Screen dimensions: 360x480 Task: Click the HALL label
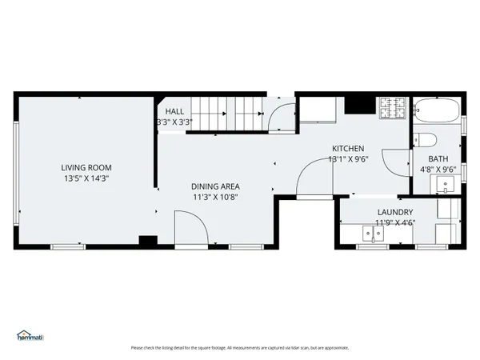175,111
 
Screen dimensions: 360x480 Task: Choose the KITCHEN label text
349,149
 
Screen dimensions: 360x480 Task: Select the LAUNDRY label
394,212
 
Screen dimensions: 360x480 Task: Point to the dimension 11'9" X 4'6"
394,223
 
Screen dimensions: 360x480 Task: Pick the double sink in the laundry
373,234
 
